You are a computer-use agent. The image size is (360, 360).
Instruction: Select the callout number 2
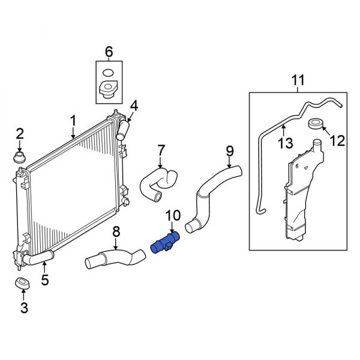point(19,133)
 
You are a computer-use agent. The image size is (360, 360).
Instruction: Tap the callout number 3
point(23,308)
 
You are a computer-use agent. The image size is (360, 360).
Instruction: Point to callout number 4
point(134,106)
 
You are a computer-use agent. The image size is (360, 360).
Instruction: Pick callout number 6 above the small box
point(109,52)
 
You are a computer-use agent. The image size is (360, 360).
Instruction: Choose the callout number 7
point(161,149)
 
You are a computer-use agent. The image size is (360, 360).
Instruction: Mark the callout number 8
point(116,231)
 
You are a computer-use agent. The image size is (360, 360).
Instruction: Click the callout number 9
point(229,149)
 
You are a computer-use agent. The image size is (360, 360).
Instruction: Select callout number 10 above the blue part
point(172,215)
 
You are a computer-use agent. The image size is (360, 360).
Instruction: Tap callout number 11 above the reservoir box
point(298,80)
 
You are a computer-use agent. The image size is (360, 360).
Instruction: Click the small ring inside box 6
point(108,74)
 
